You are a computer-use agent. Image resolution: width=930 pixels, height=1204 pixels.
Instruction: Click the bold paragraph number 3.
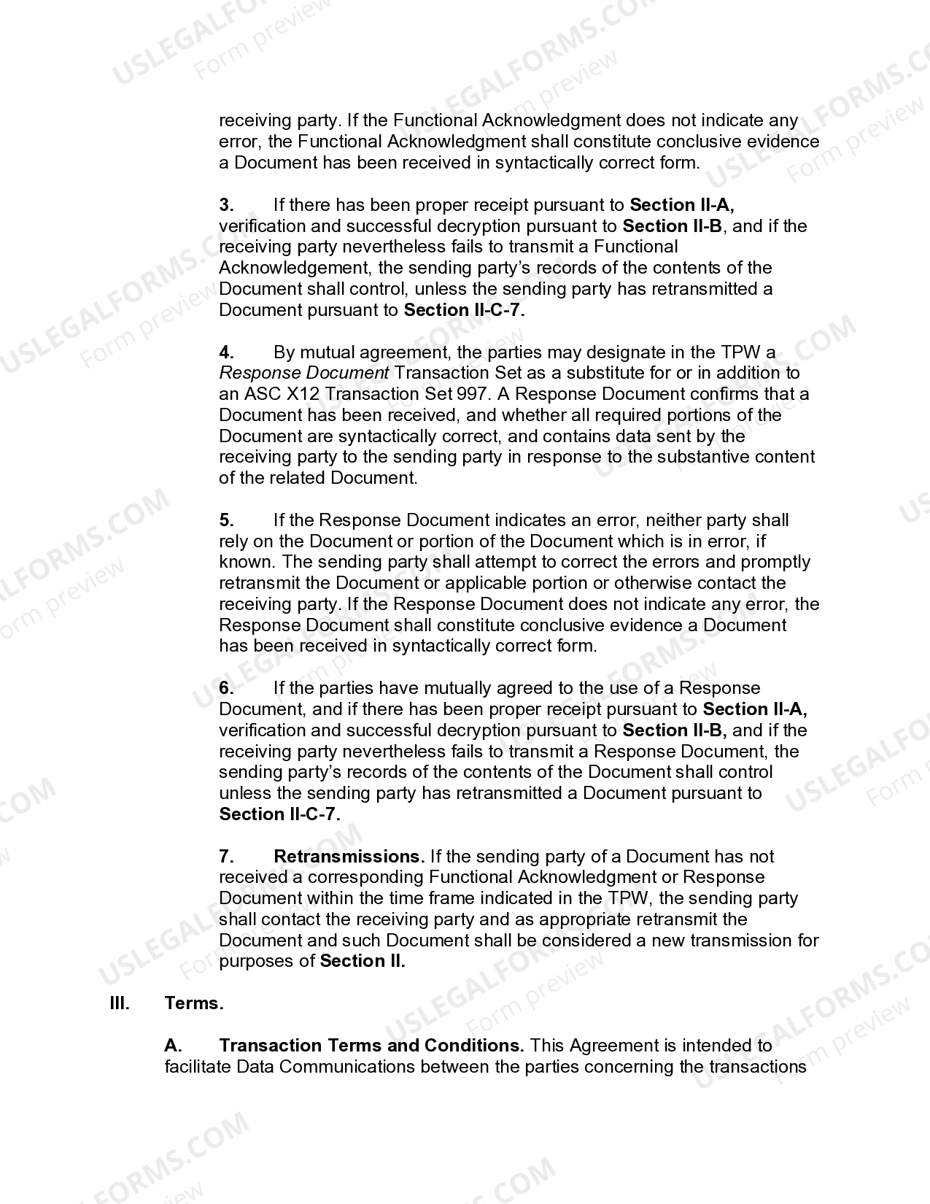(226, 205)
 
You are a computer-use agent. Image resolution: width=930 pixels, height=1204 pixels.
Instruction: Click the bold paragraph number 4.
(226, 352)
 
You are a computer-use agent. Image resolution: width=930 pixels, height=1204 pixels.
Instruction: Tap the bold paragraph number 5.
(226, 520)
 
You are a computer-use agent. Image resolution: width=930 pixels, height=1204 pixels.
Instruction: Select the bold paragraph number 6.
(226, 688)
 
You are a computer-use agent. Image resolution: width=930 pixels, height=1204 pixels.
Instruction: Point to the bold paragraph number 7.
(226, 856)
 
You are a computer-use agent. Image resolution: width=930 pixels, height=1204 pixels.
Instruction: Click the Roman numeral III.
(120, 1003)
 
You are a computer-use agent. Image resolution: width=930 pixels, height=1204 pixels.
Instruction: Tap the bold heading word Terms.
(194, 1003)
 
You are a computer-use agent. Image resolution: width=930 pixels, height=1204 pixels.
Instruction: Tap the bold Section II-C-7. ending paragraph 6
(279, 814)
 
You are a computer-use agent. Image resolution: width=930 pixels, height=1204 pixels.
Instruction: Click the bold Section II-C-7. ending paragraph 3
(464, 310)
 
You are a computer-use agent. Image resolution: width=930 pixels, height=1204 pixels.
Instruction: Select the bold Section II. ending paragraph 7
(363, 961)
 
